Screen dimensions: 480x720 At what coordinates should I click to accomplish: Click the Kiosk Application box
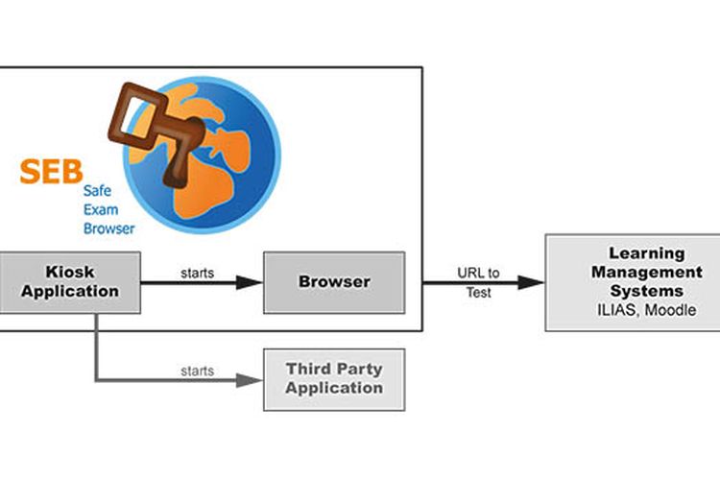point(69,282)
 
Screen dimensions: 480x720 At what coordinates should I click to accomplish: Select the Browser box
point(333,282)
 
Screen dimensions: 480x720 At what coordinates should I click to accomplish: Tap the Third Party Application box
point(333,378)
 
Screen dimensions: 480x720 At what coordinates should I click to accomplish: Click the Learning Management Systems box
point(632,282)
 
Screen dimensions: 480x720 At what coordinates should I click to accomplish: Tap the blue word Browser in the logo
point(108,228)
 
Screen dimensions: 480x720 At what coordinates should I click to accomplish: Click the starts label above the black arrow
point(197,273)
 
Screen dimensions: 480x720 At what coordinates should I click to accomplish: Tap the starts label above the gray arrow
point(197,370)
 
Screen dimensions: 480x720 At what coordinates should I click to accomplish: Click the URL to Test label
point(478,282)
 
